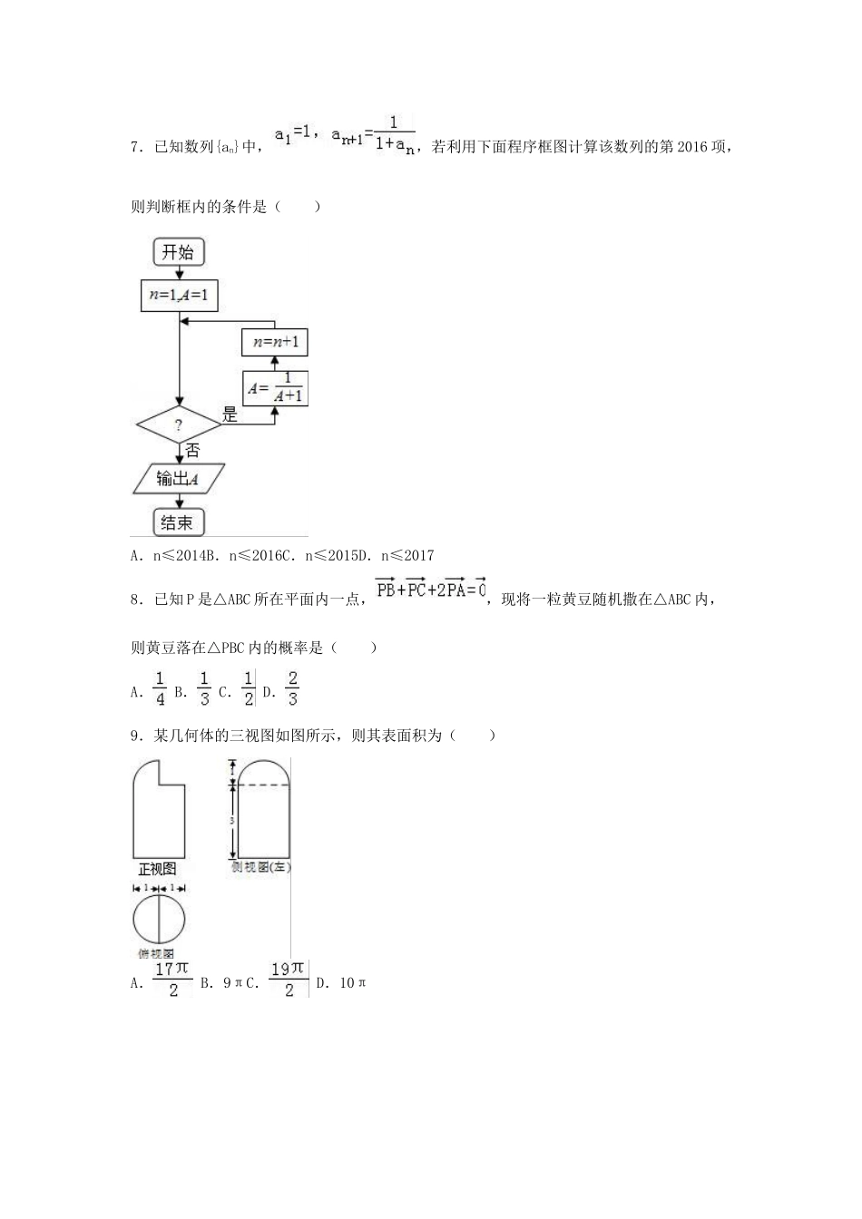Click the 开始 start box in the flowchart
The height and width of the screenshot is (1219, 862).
(178, 252)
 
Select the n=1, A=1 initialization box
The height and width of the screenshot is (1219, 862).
(180, 295)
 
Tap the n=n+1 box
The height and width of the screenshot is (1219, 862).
(275, 342)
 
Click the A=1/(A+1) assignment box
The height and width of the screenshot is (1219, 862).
(275, 388)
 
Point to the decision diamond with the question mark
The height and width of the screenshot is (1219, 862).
(179, 424)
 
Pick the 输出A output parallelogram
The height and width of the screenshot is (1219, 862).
(179, 478)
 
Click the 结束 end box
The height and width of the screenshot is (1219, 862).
(178, 522)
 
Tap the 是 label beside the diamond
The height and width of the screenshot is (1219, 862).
(230, 415)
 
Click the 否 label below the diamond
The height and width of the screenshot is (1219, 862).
(192, 450)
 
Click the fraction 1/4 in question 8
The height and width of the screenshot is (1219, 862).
(160, 689)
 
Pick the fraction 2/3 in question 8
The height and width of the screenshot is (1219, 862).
(292, 689)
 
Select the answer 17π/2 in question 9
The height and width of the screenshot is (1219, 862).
(172, 980)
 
